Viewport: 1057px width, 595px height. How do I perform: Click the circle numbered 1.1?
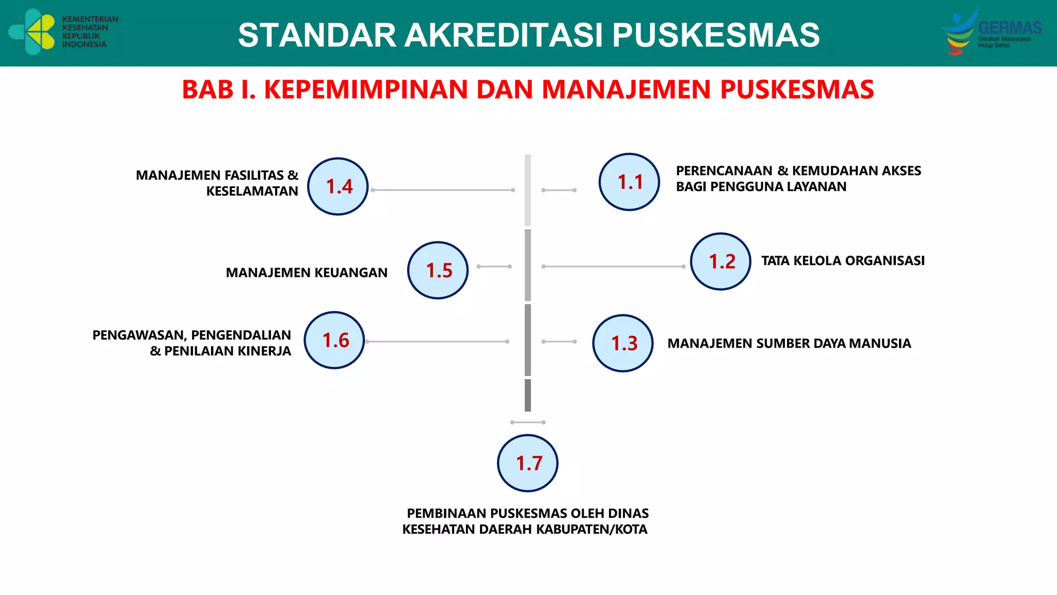pyautogui.click(x=629, y=182)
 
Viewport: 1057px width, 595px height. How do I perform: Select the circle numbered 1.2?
pyautogui.click(x=720, y=261)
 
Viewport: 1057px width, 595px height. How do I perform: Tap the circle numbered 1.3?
pyautogui.click(x=623, y=343)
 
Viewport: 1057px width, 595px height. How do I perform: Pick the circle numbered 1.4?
pyautogui.click(x=338, y=186)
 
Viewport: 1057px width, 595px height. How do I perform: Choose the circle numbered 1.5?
pyautogui.click(x=438, y=270)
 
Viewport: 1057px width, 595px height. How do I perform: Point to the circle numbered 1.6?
pyautogui.click(x=334, y=340)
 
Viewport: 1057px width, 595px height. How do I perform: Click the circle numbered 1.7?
pyautogui.click(x=527, y=463)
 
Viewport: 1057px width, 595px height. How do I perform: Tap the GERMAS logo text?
pyautogui.click(x=1010, y=27)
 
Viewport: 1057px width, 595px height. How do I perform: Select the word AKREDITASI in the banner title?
pyautogui.click(x=504, y=35)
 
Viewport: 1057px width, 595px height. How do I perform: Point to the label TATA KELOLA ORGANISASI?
pyautogui.click(x=843, y=261)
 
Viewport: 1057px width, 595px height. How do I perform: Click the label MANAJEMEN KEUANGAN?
pyautogui.click(x=307, y=273)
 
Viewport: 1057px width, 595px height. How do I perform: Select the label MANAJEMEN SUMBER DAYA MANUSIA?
pyautogui.click(x=789, y=343)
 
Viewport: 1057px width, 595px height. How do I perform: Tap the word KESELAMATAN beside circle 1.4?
pyautogui.click(x=252, y=192)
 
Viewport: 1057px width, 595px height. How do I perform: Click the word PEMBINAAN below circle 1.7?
pyautogui.click(x=445, y=513)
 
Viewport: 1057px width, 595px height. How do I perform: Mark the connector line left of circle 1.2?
pyautogui.click(x=613, y=267)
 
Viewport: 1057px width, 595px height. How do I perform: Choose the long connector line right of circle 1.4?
pyautogui.click(x=442, y=190)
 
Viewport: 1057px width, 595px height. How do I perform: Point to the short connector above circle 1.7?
pyautogui.click(x=527, y=422)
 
